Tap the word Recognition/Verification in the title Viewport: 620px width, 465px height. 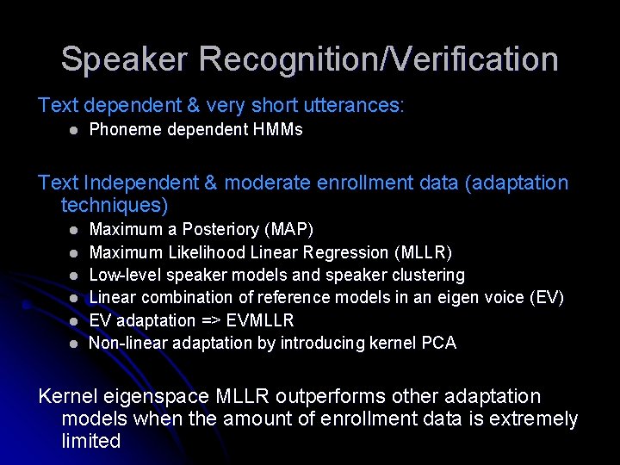379,59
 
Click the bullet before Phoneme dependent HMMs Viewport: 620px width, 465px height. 74,131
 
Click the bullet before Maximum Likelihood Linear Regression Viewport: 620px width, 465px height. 74,253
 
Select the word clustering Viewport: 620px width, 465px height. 426,276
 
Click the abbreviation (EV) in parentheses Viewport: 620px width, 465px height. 548,298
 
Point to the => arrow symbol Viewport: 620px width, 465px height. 212,321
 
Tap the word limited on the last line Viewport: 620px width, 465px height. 91,441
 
